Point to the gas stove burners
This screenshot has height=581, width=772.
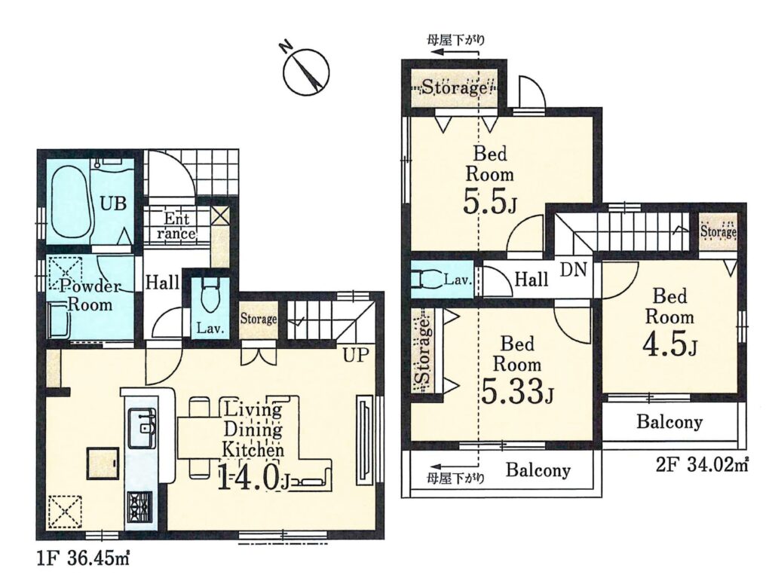140,506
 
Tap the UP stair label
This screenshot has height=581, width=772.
356,355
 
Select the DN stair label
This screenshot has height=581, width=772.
574,269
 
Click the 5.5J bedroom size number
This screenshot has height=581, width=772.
489,201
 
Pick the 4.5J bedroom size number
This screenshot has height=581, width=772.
669,344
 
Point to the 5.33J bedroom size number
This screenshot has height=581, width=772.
517,391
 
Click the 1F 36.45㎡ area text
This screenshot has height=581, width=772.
83,559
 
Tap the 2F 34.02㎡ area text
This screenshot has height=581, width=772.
702,464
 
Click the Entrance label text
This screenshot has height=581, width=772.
176,226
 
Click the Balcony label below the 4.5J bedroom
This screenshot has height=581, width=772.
669,422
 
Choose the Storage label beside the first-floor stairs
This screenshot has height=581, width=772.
259,319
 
